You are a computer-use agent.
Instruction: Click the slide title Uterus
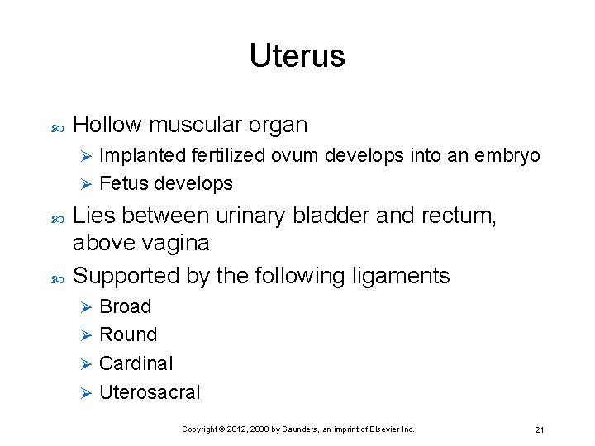[297, 56]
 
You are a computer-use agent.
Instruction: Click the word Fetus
[121, 183]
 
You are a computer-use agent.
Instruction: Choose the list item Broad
[125, 306]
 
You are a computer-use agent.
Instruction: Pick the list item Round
[127, 334]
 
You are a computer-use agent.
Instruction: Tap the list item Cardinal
[136, 363]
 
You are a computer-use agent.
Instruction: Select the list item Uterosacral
[150, 392]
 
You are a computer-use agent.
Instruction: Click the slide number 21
[539, 429]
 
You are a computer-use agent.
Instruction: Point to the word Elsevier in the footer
[383, 429]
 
